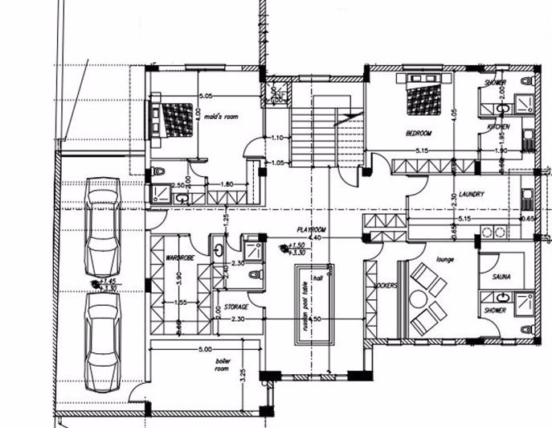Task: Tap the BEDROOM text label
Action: click(419, 133)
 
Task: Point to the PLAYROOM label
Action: click(309, 228)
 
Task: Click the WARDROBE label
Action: click(177, 258)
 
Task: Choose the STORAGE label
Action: click(235, 307)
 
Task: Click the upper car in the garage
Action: click(102, 226)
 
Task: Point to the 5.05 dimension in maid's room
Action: click(206, 97)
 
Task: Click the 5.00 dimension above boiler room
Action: click(206, 349)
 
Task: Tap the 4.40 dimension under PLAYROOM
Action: click(316, 239)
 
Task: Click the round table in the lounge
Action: click(418, 298)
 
